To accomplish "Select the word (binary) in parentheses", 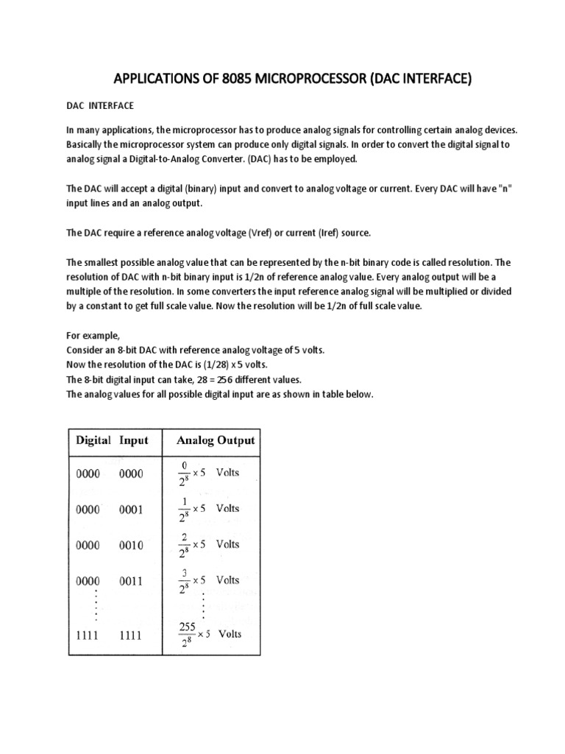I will (193, 189).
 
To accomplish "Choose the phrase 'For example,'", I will (92, 336).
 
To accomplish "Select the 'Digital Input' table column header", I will (113, 440).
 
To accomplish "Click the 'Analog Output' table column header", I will (215, 440).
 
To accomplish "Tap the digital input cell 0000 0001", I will (112, 509).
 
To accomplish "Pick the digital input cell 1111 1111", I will (112, 633).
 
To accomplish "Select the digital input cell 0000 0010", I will (112, 545).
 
